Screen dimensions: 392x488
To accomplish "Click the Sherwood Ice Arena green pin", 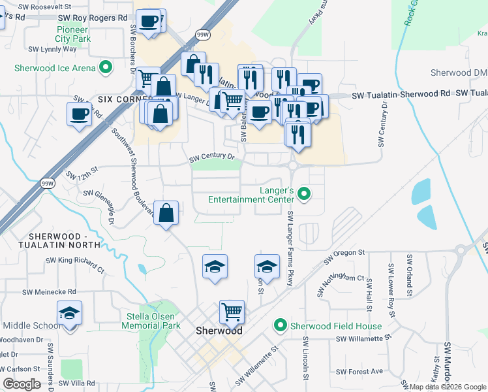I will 104,68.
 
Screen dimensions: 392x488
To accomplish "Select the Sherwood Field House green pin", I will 281,325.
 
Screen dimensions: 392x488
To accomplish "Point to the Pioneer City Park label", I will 72,34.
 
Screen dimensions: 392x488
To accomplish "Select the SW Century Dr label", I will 211,157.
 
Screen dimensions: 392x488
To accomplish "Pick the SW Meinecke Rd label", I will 49,292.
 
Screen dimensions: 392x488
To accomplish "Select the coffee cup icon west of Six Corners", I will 80,114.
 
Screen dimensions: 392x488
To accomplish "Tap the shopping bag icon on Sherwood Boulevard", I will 166,212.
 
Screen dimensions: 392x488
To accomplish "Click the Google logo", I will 22,384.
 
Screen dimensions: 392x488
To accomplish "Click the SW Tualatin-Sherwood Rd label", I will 401,95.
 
